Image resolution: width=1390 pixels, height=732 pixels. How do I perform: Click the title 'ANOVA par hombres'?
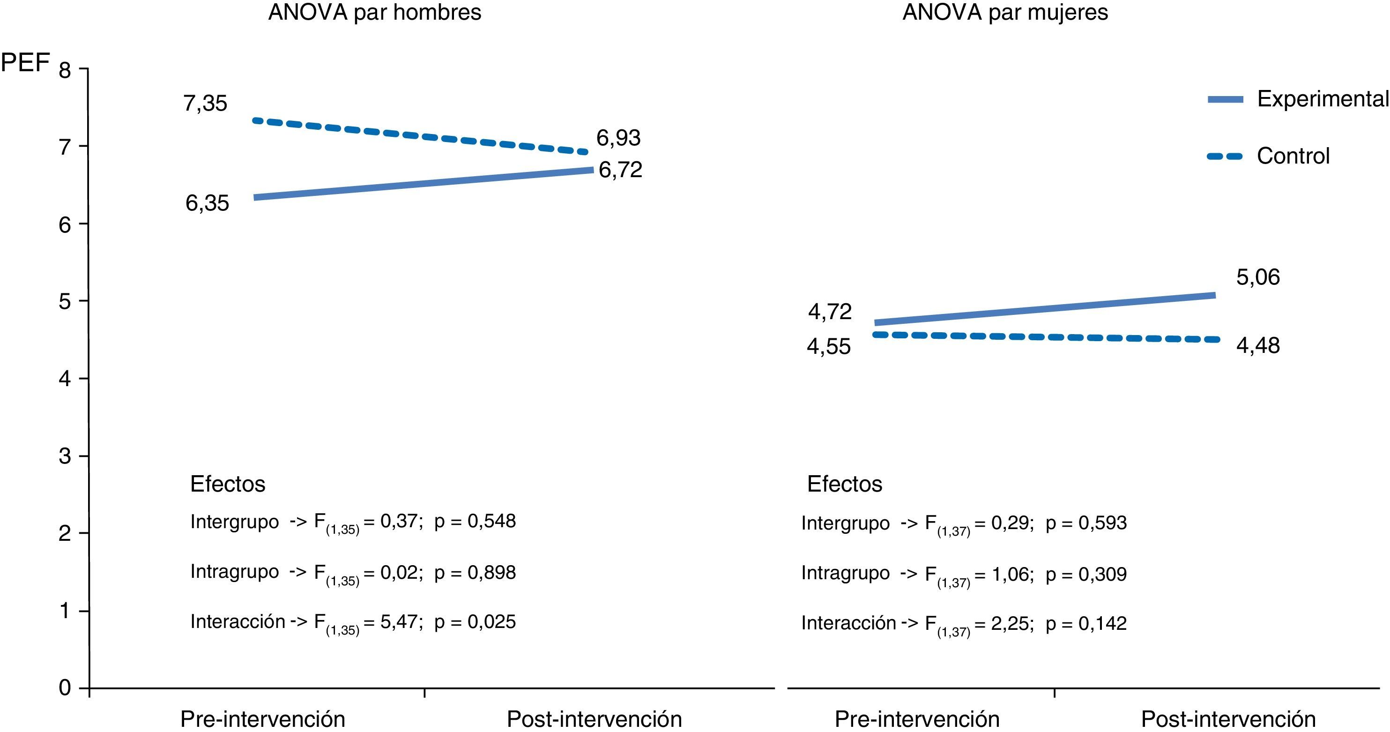coord(374,12)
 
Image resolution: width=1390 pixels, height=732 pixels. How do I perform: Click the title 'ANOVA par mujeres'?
coord(1005,12)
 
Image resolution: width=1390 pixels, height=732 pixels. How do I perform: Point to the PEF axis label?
coord(25,63)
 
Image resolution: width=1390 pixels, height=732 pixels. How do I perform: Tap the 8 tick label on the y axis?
coord(65,71)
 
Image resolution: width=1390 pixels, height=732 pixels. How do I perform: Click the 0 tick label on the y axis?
coord(65,688)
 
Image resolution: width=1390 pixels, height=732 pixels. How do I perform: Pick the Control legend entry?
coord(1293,157)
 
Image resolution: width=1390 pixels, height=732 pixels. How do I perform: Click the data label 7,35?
coord(205,104)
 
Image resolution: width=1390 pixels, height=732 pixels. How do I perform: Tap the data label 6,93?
coord(618,138)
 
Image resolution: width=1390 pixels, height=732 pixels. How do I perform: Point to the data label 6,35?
coord(207,203)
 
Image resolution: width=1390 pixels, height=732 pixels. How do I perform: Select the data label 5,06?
coord(1258,277)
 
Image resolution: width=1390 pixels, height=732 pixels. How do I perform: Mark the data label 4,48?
coord(1258,346)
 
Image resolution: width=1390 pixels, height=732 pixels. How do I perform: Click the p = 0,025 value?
coord(475,622)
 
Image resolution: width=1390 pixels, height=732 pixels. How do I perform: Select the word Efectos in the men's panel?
coord(228,484)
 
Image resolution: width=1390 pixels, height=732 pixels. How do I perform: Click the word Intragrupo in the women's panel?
coord(845,573)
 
